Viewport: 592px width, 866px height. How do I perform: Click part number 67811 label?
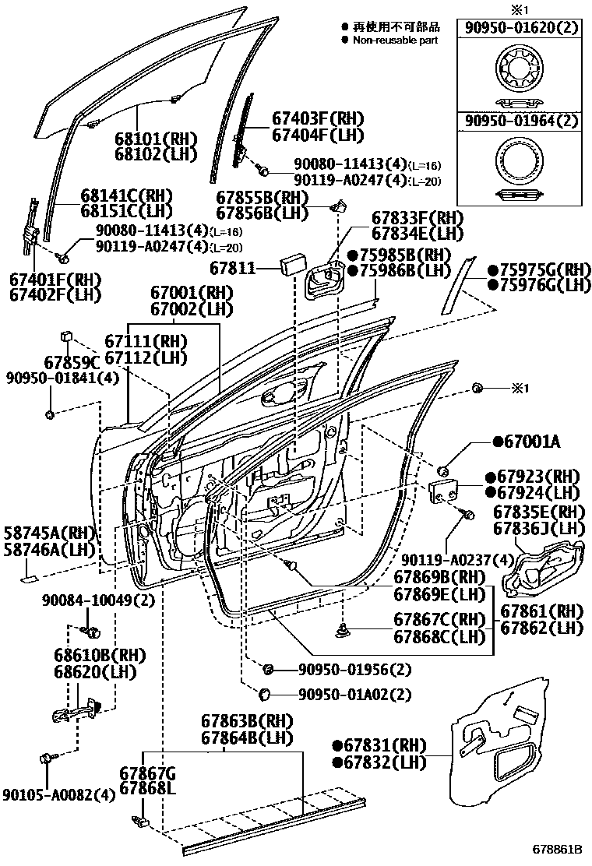(232, 268)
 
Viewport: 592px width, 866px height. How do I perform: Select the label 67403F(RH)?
(318, 118)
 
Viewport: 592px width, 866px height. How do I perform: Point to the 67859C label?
(72, 363)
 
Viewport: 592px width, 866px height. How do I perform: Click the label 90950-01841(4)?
(62, 378)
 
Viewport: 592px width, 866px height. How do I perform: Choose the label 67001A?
(527, 442)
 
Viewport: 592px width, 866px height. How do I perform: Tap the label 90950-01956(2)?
(355, 670)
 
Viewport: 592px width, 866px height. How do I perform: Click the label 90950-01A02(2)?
(355, 694)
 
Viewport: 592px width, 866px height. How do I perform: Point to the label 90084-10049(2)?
(98, 600)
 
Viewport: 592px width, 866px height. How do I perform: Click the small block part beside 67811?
(294, 263)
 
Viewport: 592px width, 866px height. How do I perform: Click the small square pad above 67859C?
(66, 336)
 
